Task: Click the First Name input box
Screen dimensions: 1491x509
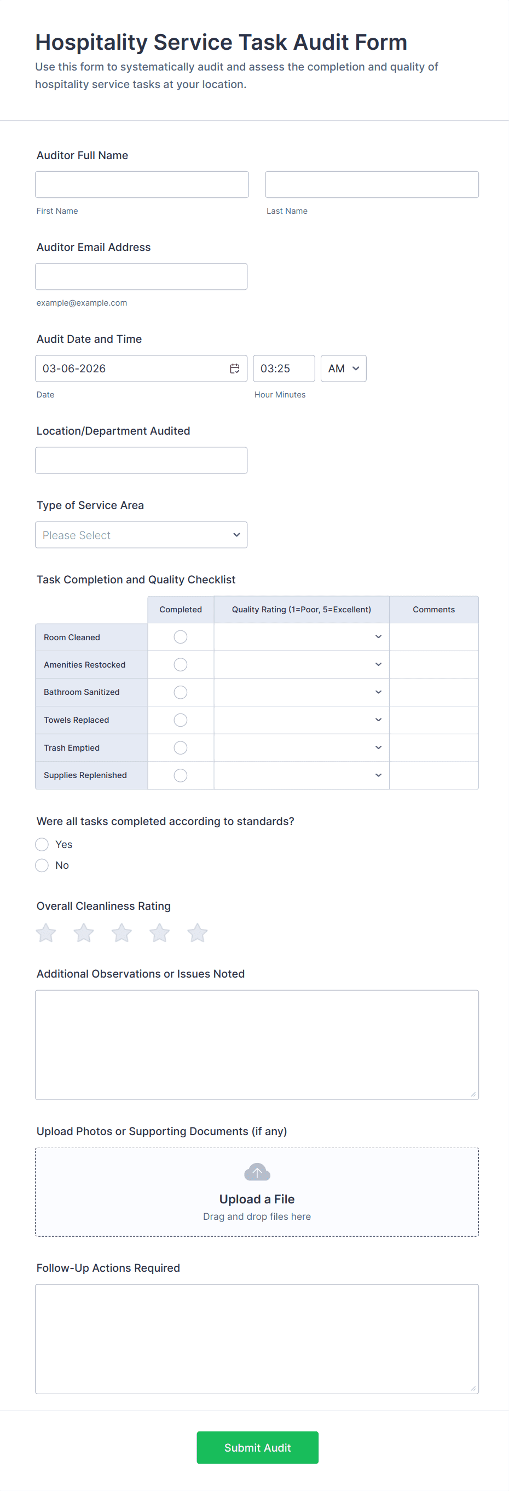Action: tap(142, 185)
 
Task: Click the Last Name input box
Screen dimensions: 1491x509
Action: tap(372, 185)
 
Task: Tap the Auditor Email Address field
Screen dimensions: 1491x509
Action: tap(141, 277)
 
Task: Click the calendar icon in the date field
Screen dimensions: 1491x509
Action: tap(234, 369)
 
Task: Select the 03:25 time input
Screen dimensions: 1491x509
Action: tap(284, 369)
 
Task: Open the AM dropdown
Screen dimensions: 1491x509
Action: tap(343, 369)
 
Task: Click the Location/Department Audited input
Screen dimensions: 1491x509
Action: tap(141, 460)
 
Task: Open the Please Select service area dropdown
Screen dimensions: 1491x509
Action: tap(141, 535)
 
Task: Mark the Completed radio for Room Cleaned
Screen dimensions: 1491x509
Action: tap(181, 638)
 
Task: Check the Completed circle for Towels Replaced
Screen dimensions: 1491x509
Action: tap(181, 720)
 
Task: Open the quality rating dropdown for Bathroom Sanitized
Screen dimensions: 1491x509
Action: tap(301, 692)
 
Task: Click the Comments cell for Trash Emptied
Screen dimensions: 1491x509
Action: tap(433, 748)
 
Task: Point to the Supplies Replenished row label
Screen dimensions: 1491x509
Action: tap(85, 776)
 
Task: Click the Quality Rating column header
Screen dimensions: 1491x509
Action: tap(301, 610)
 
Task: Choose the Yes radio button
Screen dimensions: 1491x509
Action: tap(42, 845)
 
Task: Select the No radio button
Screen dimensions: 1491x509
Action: tap(42, 866)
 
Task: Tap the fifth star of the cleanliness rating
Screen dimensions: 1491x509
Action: tap(198, 933)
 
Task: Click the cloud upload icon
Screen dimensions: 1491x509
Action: tap(257, 1172)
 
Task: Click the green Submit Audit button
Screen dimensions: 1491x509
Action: tap(257, 1448)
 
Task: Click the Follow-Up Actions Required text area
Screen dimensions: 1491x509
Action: tap(257, 1339)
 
